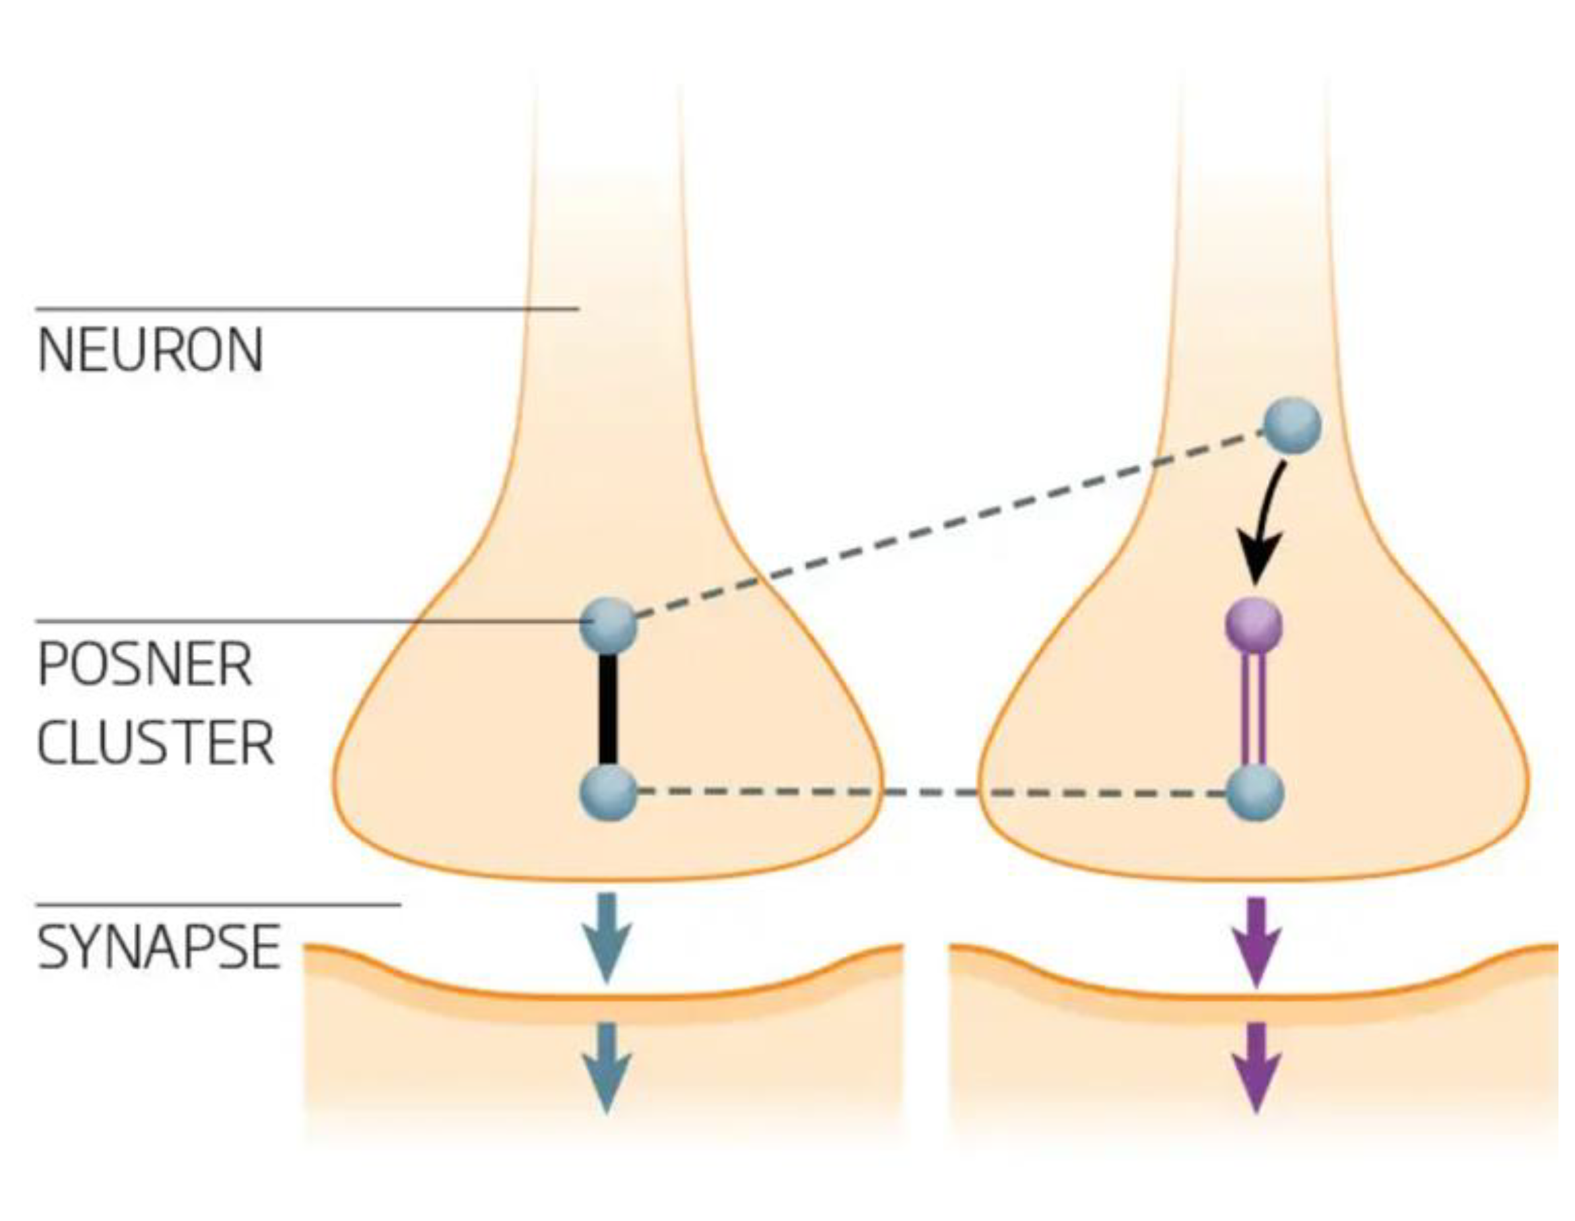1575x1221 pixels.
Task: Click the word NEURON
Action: tap(151, 351)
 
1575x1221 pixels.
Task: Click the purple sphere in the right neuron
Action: tap(1256, 624)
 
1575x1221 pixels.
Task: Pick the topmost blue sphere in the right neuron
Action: tap(1294, 426)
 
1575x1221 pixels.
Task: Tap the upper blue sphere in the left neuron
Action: tap(609, 625)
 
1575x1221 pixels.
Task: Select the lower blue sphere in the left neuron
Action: tap(609, 793)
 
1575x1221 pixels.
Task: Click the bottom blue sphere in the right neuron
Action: tap(1256, 794)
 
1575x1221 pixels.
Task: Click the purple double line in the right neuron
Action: tap(1256, 710)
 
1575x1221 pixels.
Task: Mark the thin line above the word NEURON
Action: tap(306, 309)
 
